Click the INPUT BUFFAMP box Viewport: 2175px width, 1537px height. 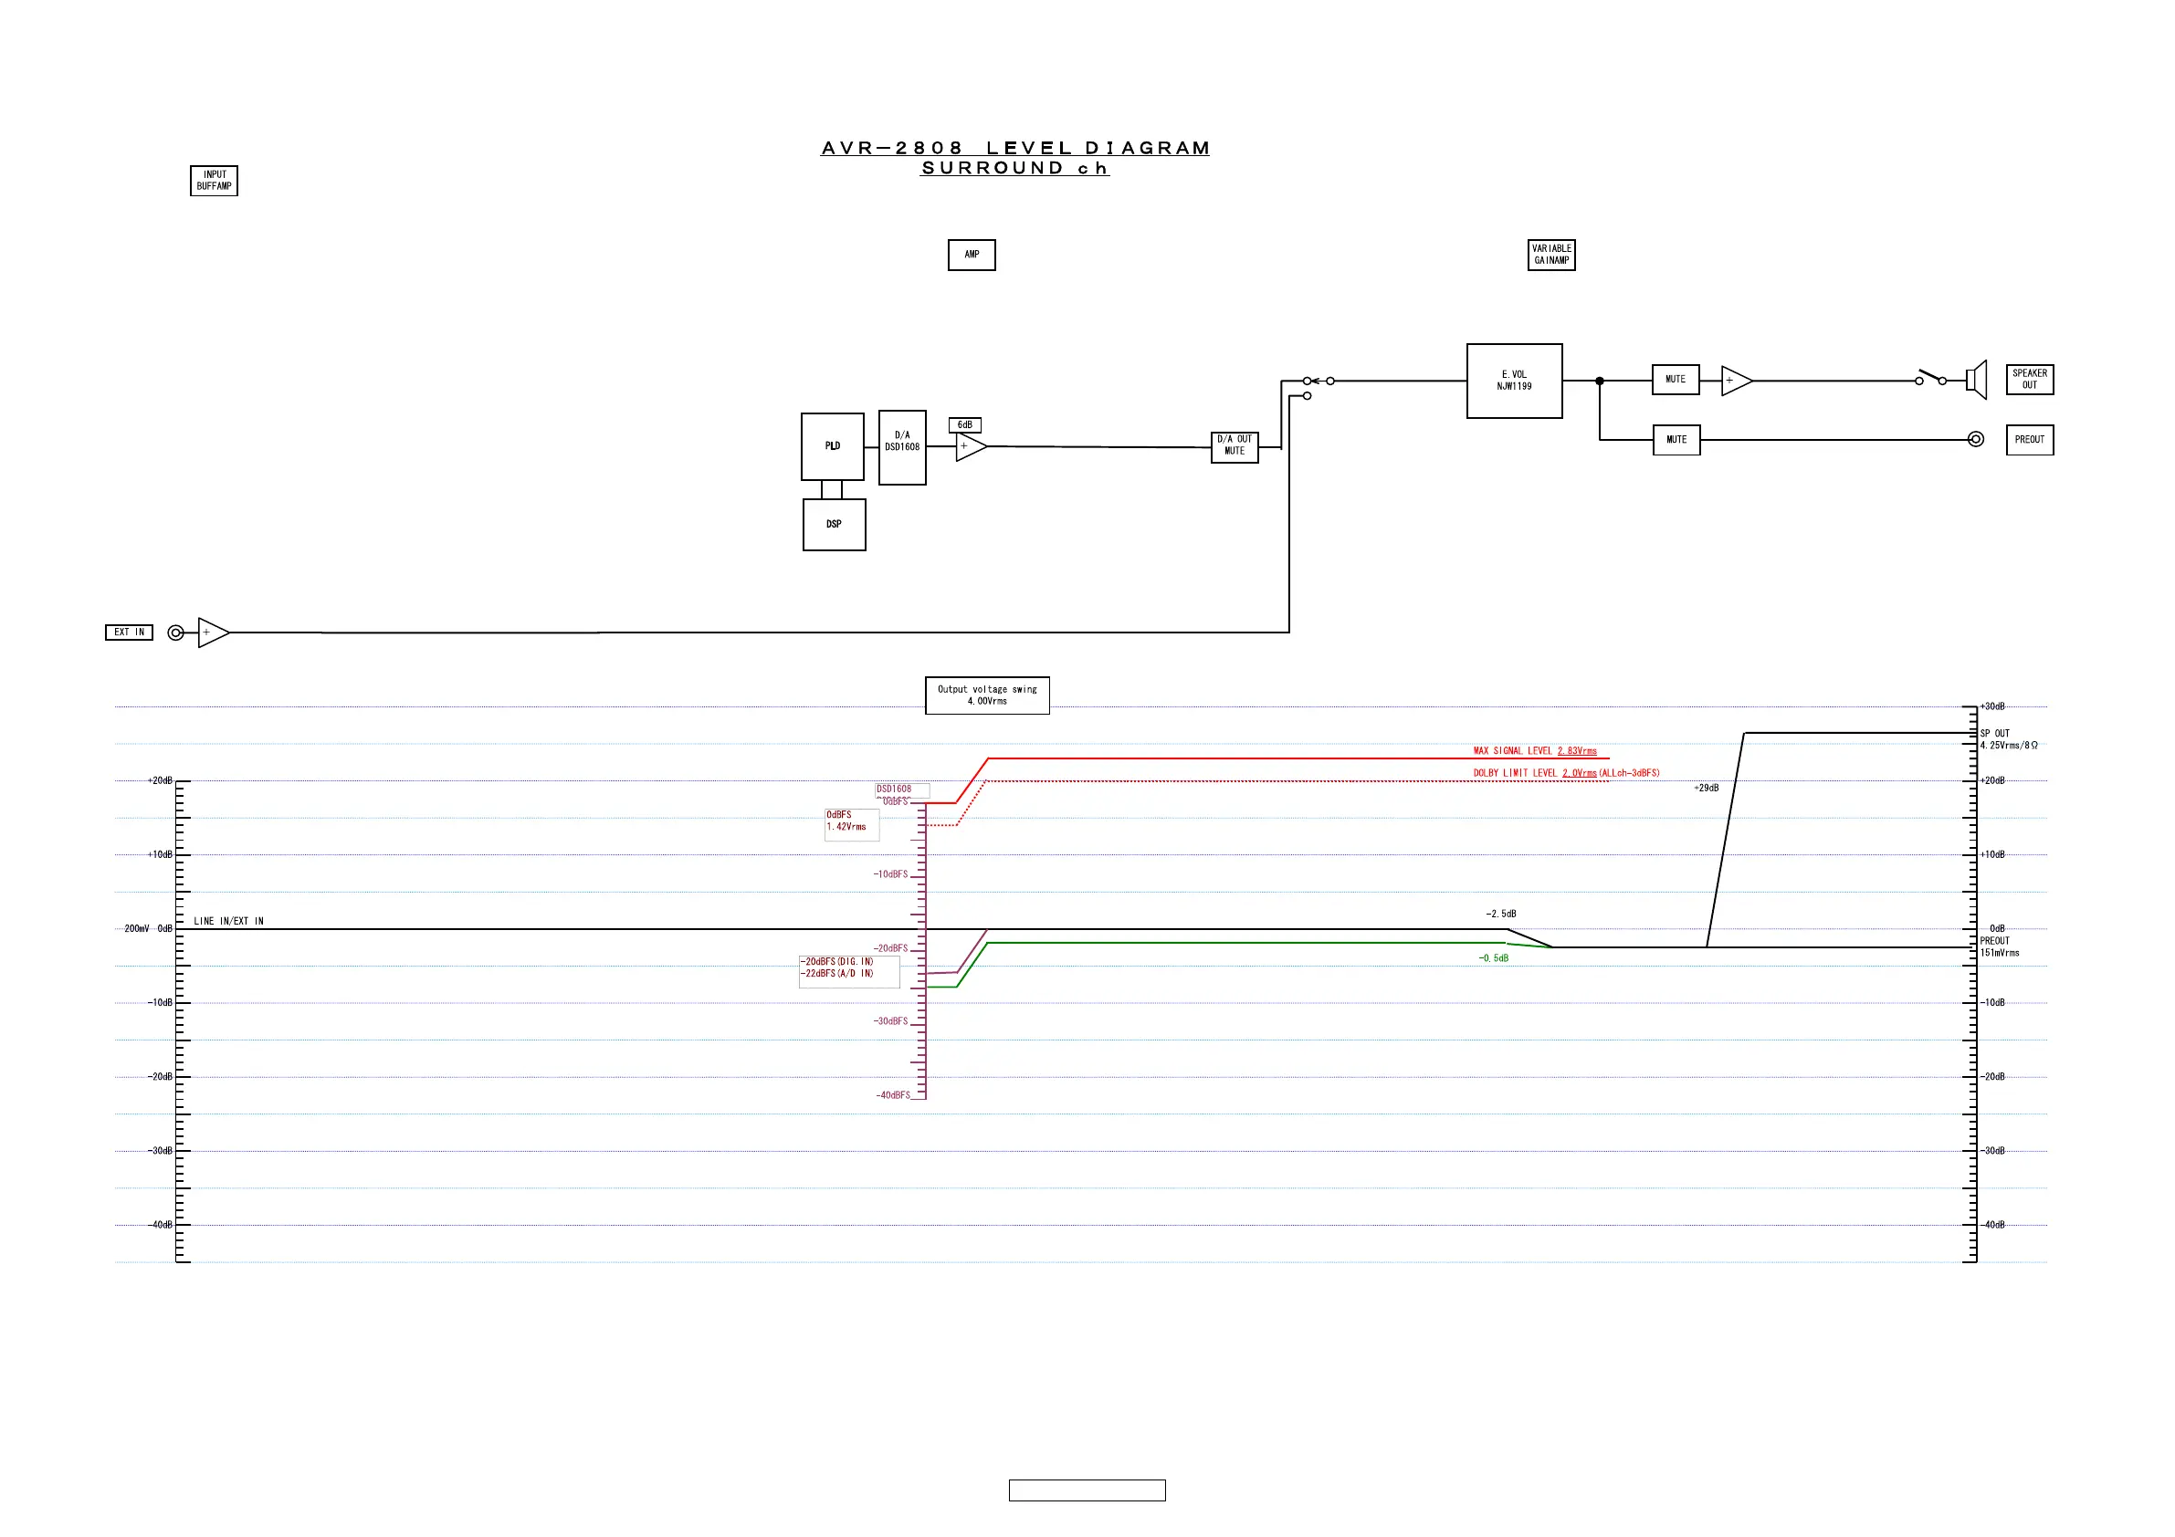tap(214, 181)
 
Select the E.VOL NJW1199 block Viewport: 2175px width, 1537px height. tap(1514, 381)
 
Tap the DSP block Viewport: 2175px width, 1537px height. tap(834, 525)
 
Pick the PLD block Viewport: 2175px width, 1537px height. tap(832, 446)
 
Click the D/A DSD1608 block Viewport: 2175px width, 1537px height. tap(902, 447)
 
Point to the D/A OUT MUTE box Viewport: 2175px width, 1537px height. tap(1235, 446)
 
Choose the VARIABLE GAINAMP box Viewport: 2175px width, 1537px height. tap(1550, 255)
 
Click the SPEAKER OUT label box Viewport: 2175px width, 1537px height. tap(2029, 380)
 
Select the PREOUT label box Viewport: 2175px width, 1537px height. tap(2029, 440)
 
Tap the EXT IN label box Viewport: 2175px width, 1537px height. tap(129, 633)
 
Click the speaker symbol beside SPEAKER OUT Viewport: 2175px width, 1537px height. tap(1976, 381)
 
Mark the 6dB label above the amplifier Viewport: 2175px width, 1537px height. tap(964, 425)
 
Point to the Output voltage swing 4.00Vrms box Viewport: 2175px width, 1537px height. tap(987, 696)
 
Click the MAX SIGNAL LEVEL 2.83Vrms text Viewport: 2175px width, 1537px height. tap(1535, 751)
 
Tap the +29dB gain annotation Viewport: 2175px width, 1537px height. tap(1706, 789)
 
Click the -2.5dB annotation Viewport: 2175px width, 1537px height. tap(1500, 915)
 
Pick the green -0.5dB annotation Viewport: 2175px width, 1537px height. tap(1493, 959)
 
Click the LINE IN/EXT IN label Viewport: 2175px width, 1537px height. tap(228, 922)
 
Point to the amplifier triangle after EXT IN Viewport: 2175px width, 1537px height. tap(212, 633)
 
